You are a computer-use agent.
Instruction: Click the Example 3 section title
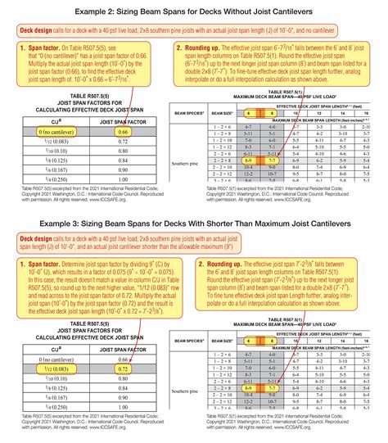tap(194, 224)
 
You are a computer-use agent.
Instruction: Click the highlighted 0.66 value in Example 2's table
tap(123, 131)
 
